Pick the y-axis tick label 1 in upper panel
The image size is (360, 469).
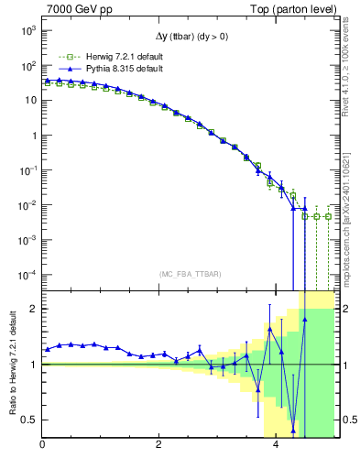click(x=33, y=136)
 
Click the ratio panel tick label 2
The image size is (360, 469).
click(x=33, y=309)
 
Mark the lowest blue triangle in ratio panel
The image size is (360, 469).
click(x=293, y=430)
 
